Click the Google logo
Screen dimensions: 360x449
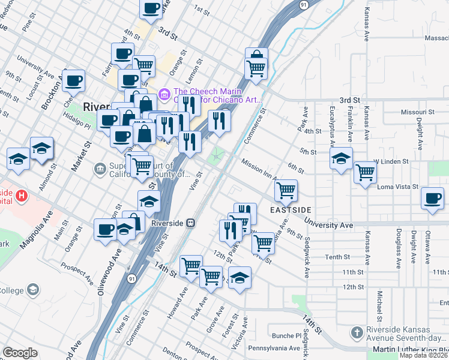click(x=20, y=353)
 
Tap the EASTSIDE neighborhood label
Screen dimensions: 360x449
click(x=291, y=210)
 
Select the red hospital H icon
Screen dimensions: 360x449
click(x=22, y=196)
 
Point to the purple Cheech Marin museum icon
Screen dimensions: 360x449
click(x=163, y=95)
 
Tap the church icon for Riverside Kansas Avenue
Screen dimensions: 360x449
click(x=357, y=332)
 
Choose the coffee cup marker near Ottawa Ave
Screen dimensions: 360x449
click(x=432, y=199)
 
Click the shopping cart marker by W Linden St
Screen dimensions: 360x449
click(x=365, y=173)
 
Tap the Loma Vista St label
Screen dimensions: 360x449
click(x=397, y=187)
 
